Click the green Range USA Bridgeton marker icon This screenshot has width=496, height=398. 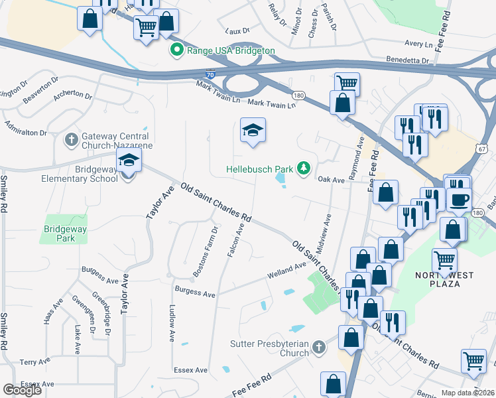(177, 50)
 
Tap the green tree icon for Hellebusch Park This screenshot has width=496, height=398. (304, 168)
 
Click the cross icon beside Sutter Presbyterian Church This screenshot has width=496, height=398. (318, 347)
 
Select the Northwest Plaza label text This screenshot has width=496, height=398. (438, 279)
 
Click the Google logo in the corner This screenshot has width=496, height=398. (23, 390)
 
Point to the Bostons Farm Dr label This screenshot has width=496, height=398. (205, 252)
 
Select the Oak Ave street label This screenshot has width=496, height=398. (332, 179)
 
